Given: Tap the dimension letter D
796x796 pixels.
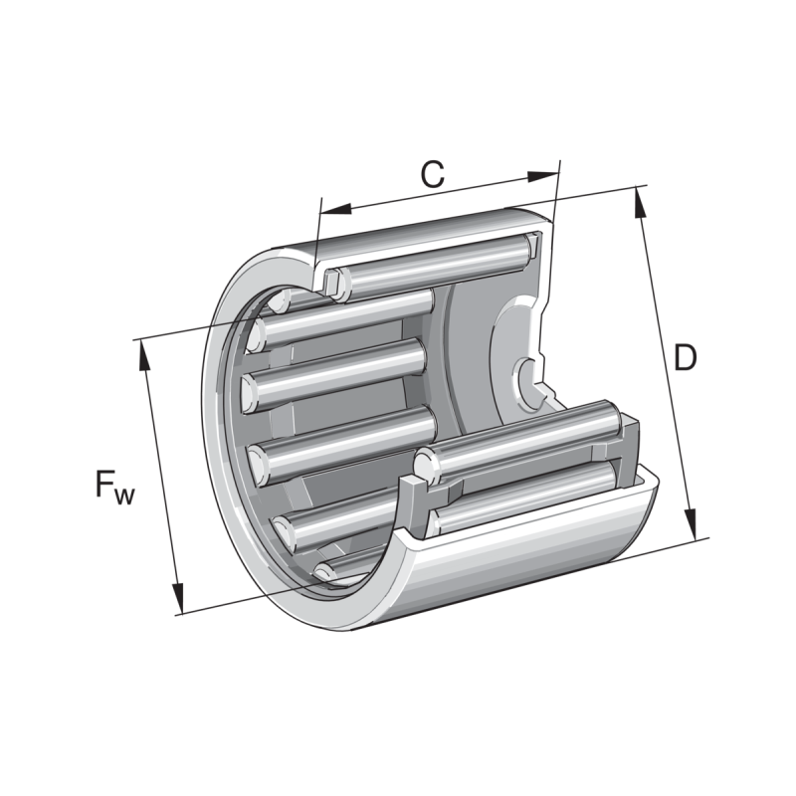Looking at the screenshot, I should coord(684,357).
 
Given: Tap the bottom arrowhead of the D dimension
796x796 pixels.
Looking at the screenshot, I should coord(692,525).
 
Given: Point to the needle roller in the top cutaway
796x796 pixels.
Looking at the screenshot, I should coord(438,261).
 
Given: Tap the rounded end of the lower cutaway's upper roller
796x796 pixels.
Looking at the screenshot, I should coord(426,463).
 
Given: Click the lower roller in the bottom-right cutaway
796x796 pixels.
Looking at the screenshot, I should coord(527,495).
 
